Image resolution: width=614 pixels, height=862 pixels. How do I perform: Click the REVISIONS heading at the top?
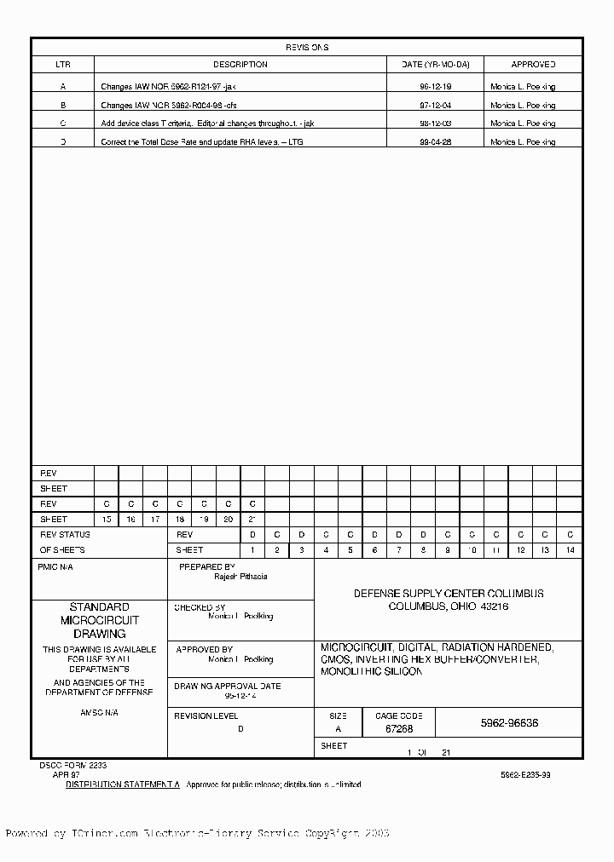(306, 48)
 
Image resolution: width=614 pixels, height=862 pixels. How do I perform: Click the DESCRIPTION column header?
(240, 65)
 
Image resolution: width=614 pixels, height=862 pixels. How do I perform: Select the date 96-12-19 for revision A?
(435, 87)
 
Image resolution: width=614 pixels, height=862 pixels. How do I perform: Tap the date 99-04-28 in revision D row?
(435, 142)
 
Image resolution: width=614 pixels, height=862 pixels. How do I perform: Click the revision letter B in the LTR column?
(63, 106)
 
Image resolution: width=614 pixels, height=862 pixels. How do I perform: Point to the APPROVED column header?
(533, 65)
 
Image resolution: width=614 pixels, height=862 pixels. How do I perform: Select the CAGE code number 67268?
(399, 730)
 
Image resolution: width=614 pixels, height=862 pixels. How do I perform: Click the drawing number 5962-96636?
(509, 723)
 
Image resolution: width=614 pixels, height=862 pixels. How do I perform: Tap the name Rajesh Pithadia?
(240, 577)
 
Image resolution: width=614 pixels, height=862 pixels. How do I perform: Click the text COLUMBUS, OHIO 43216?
(449, 606)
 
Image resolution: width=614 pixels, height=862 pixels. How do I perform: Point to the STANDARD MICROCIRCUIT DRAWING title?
(99, 620)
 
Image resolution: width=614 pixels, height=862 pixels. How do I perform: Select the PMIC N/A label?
(56, 566)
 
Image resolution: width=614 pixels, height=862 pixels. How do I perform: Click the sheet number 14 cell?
(571, 550)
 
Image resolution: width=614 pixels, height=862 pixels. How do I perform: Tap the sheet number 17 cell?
(155, 519)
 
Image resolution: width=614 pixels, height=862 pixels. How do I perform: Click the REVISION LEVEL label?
(206, 716)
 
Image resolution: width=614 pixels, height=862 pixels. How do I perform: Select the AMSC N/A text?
(99, 712)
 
